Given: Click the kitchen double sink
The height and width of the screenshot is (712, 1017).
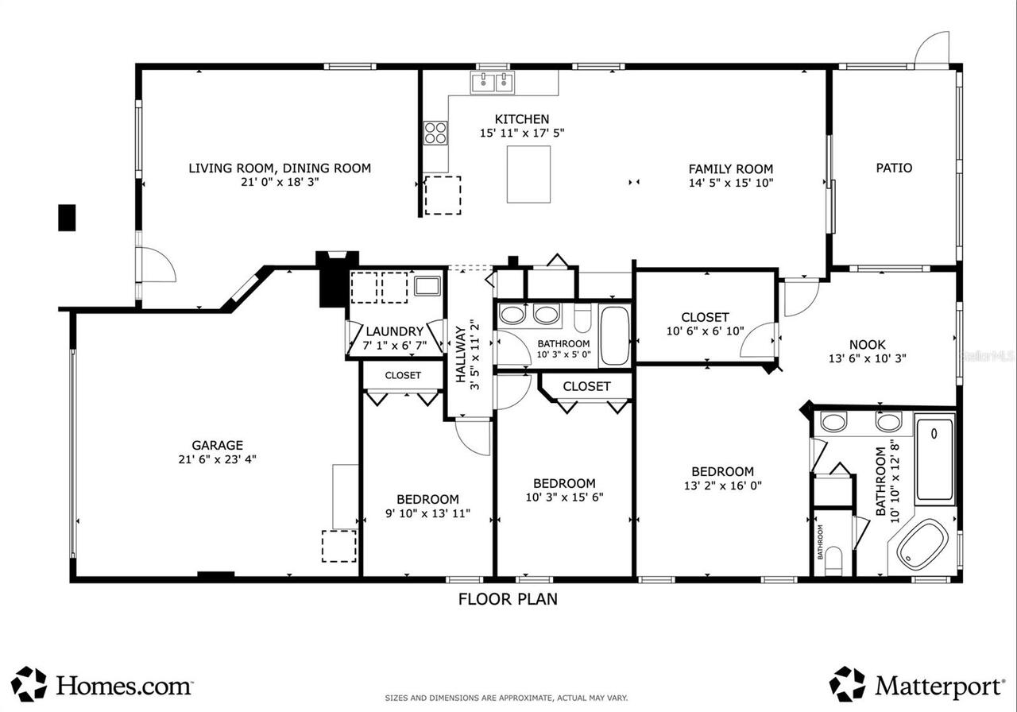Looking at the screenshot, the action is (493, 83).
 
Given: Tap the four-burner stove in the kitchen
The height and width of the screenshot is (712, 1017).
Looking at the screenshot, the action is (435, 133).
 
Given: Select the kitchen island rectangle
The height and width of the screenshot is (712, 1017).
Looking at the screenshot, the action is (528, 174).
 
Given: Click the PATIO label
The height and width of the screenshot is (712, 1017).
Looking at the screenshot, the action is (894, 168).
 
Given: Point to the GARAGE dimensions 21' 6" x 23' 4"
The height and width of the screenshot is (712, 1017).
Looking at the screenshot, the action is (217, 459).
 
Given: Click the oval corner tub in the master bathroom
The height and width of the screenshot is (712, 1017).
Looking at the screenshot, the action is (922, 545).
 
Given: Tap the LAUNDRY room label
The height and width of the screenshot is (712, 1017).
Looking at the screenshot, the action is (395, 331).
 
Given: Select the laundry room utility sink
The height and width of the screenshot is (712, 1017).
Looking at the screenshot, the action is (427, 286).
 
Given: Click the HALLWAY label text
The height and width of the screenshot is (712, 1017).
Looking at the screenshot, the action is (460, 354).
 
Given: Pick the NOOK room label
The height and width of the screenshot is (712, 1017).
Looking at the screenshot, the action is (867, 345).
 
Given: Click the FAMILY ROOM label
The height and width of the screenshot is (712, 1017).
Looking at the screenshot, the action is (730, 169).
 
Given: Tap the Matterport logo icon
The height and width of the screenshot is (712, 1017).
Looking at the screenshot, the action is (848, 684).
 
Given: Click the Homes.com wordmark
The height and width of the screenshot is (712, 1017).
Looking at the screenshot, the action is (123, 686).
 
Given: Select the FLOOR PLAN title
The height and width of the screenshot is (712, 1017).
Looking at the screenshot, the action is (508, 599).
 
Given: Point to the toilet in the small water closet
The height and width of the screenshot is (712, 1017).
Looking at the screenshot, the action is (833, 561).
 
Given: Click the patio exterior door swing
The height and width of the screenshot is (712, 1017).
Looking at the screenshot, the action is (931, 49).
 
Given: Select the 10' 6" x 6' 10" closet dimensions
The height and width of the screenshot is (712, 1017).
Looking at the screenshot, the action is (705, 331).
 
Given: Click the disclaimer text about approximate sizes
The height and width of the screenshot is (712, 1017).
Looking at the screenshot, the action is (506, 698).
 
